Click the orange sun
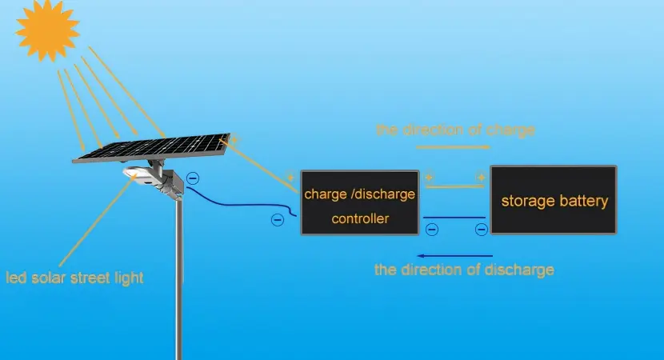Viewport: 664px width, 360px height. (47, 30)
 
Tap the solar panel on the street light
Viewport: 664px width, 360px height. (152, 148)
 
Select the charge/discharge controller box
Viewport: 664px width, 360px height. (359, 202)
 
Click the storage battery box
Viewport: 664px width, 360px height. (554, 200)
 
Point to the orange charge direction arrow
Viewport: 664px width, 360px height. (453, 147)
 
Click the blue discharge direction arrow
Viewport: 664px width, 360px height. (455, 256)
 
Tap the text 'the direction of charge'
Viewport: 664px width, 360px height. (455, 130)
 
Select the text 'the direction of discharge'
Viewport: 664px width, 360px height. (464, 270)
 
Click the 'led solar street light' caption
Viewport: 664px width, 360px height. (74, 278)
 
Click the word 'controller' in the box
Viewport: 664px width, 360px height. (360, 218)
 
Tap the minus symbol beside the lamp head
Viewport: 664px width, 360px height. (193, 178)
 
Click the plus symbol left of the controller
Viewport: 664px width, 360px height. (290, 177)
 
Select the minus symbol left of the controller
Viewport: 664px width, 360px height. (278, 220)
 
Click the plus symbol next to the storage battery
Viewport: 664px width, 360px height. (481, 177)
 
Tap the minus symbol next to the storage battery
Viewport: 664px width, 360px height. (482, 230)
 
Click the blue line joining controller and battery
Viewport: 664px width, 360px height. (454, 218)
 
